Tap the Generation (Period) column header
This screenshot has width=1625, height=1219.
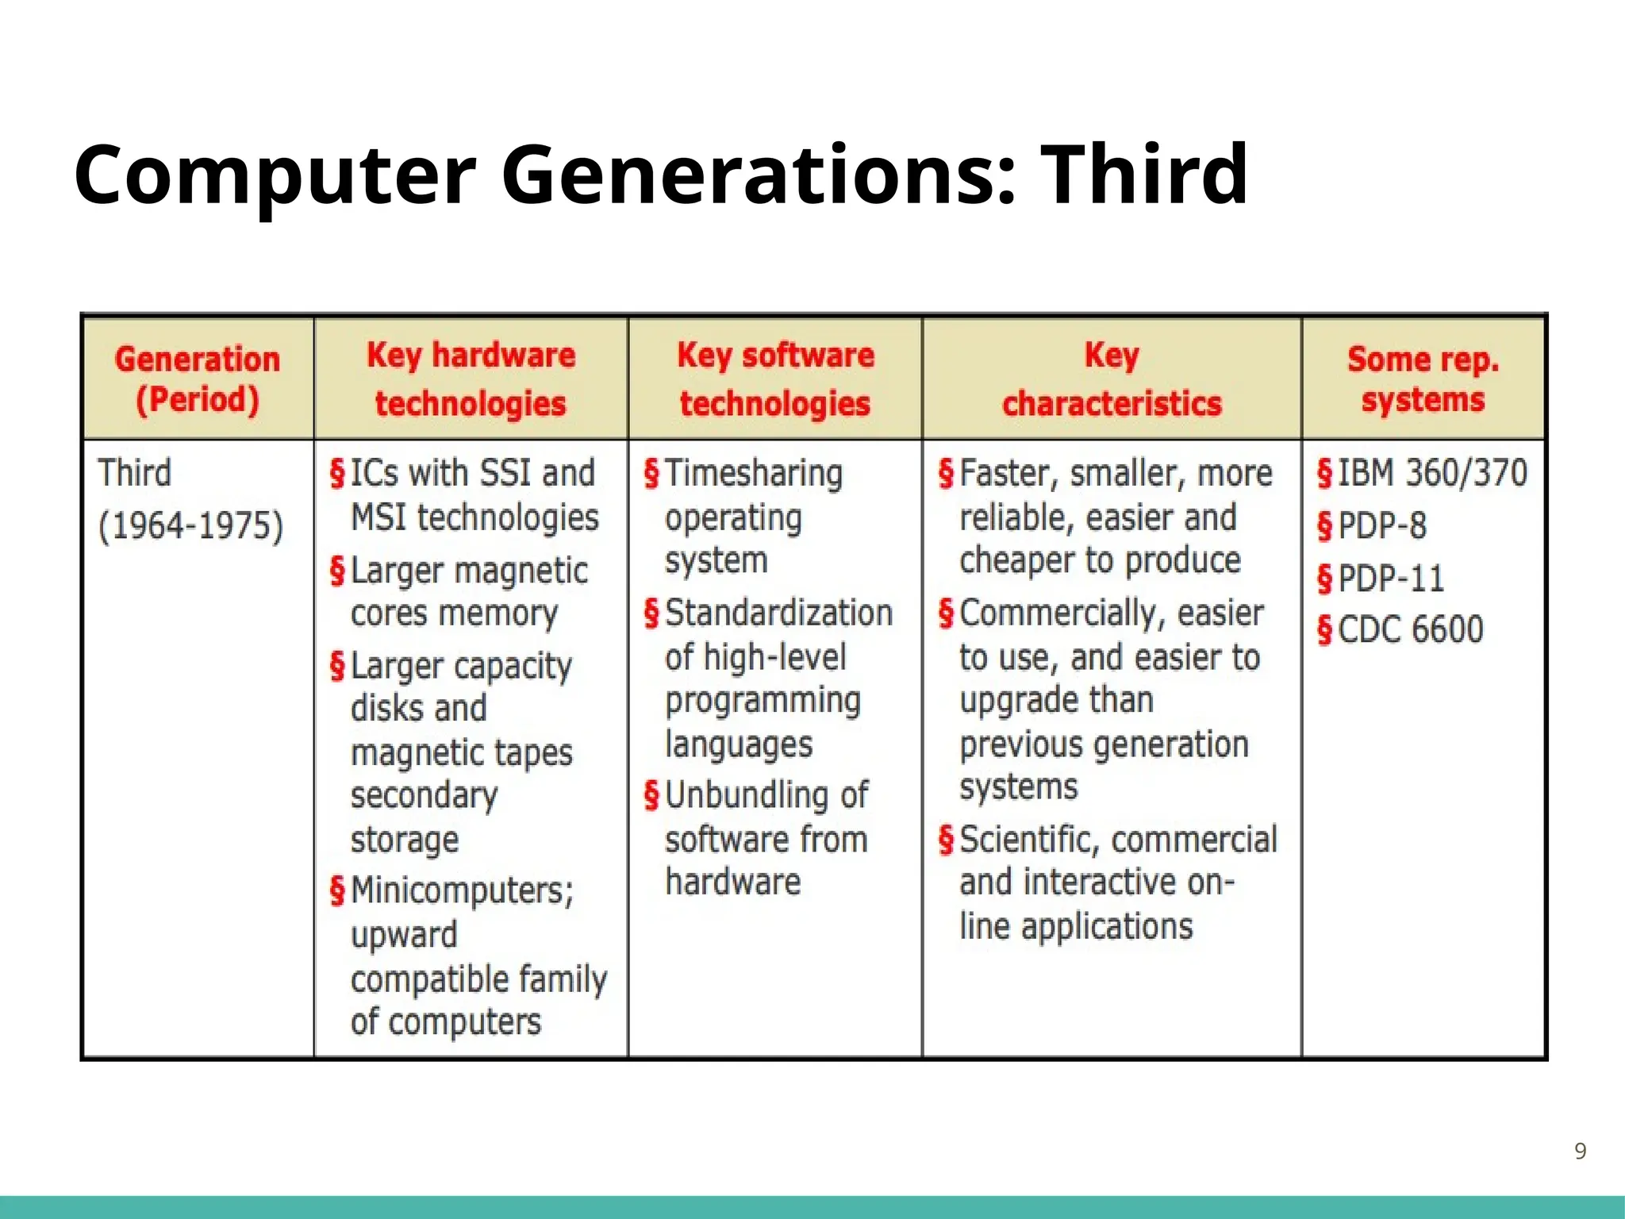[198, 379]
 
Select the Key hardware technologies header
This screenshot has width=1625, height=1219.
[471, 379]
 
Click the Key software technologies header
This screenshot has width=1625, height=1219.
[775, 379]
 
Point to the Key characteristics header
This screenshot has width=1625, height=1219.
[1112, 379]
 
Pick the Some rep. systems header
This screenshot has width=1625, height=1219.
[1423, 379]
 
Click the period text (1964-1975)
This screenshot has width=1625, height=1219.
[190, 525]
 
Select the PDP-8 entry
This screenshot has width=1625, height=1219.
[1382, 525]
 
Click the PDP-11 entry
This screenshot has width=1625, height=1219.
[1391, 578]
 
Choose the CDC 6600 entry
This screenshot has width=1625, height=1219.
[1410, 630]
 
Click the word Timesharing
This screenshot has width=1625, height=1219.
[753, 474]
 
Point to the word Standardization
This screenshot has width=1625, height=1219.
[778, 613]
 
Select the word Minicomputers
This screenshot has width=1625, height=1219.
[461, 890]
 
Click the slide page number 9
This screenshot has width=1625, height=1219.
[1580, 1152]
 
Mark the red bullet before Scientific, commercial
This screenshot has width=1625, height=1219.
[946, 840]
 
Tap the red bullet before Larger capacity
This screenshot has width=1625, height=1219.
[337, 667]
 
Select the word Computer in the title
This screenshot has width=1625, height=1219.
[275, 174]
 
